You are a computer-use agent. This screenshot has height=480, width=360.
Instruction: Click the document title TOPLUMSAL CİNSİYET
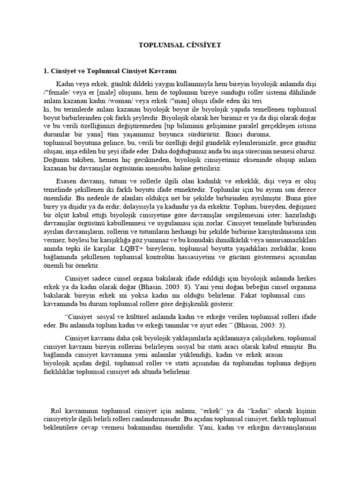coord(180,45)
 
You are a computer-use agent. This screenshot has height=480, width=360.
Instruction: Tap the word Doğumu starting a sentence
coord(56,160)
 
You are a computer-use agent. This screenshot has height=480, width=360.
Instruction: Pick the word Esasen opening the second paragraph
coord(67,181)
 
